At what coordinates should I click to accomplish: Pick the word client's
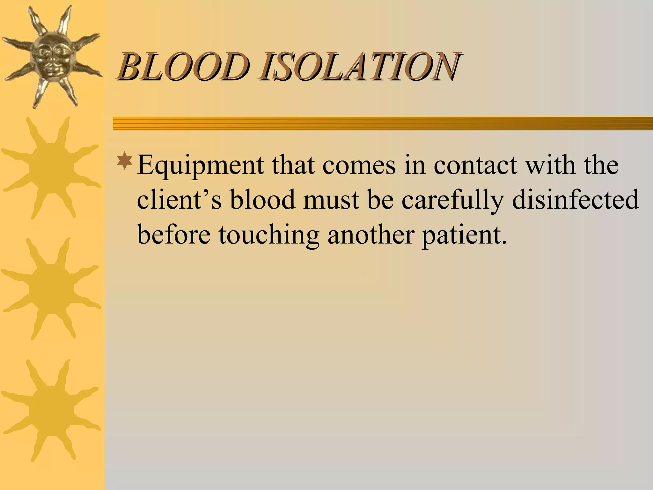179,200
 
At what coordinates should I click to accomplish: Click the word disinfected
576,200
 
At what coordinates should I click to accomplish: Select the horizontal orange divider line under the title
383,123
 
